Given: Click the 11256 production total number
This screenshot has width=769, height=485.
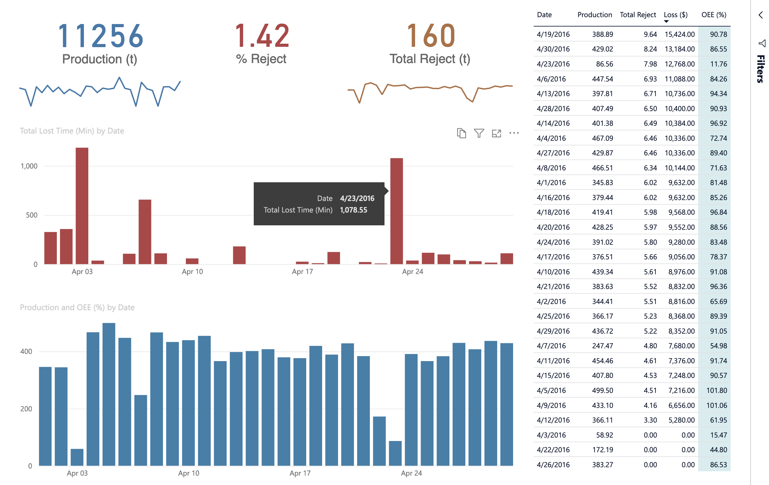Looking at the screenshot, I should click(x=100, y=36).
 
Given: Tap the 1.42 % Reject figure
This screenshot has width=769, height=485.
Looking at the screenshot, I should click(x=262, y=36).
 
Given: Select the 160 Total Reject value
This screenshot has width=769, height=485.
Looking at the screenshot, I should click(x=430, y=36).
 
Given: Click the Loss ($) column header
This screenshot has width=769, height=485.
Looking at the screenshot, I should click(x=675, y=15).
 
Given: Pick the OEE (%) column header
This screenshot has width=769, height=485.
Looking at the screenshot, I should click(x=713, y=15).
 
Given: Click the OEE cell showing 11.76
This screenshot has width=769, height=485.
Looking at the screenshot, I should click(x=718, y=64).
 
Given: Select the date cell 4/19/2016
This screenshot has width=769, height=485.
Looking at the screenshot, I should click(x=553, y=34).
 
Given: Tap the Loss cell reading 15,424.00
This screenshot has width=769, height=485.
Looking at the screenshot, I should click(x=679, y=34).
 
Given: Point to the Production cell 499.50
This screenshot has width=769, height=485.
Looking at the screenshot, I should click(x=602, y=390).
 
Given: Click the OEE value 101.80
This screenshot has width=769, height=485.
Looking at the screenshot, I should click(x=716, y=390).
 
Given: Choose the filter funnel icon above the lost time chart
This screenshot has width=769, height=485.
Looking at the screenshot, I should click(x=479, y=133).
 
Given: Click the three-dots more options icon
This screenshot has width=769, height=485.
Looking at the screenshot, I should click(x=514, y=133).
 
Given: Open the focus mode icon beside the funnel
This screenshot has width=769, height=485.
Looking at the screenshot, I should click(x=496, y=133).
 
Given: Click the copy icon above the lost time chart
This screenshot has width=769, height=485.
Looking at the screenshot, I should click(x=461, y=133).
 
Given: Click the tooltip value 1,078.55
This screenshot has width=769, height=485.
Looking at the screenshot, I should click(x=353, y=210).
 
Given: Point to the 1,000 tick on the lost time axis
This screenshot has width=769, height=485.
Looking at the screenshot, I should click(x=29, y=166).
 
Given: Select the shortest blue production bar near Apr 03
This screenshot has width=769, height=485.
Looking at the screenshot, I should click(x=77, y=457).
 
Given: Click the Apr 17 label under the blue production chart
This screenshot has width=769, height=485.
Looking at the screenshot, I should click(x=300, y=473).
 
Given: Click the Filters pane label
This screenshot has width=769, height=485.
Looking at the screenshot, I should click(x=760, y=69).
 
